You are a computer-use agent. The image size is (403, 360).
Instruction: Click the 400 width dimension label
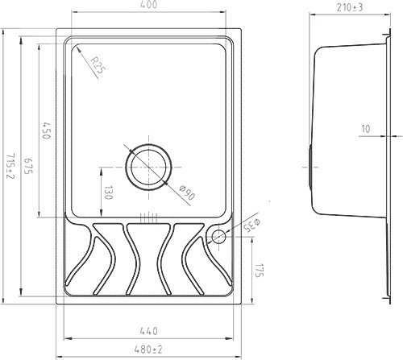click(x=148, y=5)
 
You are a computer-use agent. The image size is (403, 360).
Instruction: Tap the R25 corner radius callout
click(x=97, y=65)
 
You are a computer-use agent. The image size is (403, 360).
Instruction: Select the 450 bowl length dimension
click(x=46, y=130)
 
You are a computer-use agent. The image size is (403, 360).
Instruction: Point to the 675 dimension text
click(x=28, y=166)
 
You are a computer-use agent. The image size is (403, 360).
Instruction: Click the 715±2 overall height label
click(x=10, y=166)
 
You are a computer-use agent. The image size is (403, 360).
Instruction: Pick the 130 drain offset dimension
click(x=107, y=192)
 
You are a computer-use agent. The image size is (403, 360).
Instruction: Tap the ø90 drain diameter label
click(x=187, y=192)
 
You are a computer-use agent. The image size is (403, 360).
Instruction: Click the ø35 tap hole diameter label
click(x=251, y=226)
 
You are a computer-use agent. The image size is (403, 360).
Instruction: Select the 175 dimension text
click(x=260, y=271)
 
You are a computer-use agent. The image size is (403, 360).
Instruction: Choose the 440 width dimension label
click(x=148, y=331)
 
